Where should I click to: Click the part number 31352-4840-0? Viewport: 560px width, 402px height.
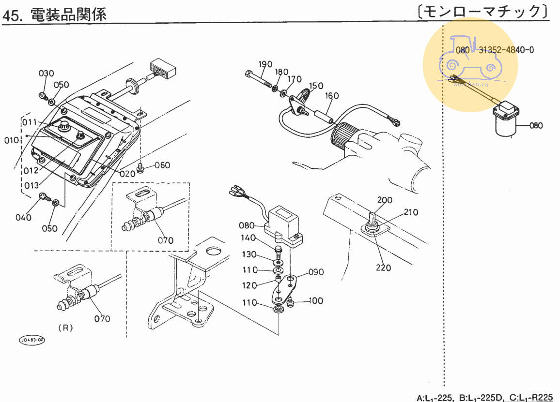507,50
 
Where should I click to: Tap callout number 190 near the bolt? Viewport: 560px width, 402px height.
265,64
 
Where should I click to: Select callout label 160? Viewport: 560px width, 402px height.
332,96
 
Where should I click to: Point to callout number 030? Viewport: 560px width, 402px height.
47,74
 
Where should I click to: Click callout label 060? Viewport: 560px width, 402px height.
162,165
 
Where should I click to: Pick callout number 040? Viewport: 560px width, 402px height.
23,217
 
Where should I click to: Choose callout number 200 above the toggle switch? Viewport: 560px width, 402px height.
385,200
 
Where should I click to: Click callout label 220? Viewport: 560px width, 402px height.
383,267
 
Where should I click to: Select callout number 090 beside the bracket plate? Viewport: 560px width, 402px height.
316,272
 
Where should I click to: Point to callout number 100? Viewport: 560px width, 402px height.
315,301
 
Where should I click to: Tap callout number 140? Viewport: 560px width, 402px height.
249,238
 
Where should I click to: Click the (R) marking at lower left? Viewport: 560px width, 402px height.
65,328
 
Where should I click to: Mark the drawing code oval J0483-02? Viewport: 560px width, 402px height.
32,340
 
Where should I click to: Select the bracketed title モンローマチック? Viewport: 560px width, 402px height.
483,12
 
